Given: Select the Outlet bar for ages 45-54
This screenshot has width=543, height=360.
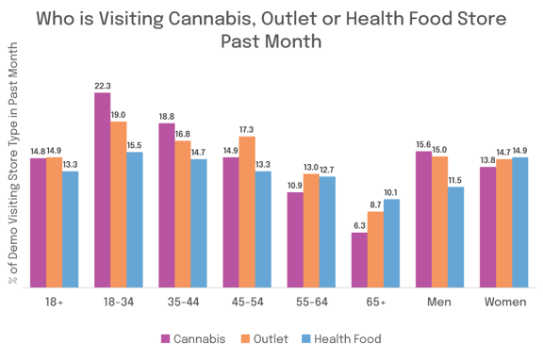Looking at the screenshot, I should (x=247, y=213).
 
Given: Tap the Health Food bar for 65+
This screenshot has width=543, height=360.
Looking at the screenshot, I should (x=392, y=244).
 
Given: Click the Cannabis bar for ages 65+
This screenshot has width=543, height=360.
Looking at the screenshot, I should (x=359, y=260).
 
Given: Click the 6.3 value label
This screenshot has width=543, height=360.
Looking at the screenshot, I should (x=359, y=225).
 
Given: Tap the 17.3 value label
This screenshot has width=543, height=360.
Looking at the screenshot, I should (x=247, y=128).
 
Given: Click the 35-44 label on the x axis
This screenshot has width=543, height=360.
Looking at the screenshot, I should (x=183, y=303).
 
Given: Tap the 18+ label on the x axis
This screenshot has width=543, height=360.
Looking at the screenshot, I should (x=54, y=303).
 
